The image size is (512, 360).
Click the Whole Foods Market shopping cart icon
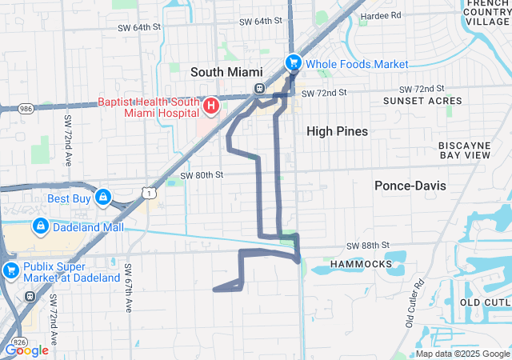tap(294, 62)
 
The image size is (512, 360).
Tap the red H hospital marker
tap(212, 105)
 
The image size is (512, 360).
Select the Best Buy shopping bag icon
tap(103, 197)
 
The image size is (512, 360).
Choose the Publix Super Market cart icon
tap(10, 270)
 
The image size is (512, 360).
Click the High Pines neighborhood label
tap(338, 130)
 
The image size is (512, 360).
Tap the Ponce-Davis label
tap(410, 186)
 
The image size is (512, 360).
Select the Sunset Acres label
tap(422, 102)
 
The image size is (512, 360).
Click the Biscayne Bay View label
tap(464, 150)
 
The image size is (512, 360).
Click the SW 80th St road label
tap(201, 174)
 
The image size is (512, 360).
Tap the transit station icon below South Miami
tap(259, 88)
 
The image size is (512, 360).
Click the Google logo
tap(27, 350)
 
